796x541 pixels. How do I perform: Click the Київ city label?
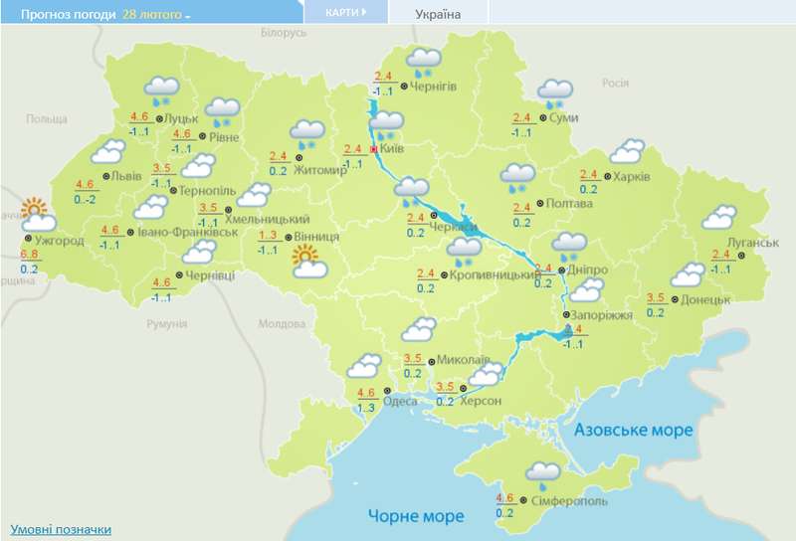391,149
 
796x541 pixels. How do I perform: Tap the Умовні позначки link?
61,530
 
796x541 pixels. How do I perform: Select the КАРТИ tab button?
346,12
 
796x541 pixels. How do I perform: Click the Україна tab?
439,14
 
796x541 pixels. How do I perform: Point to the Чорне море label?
416,516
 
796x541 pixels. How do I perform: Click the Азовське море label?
633,430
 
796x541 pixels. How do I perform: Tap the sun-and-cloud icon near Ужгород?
36,216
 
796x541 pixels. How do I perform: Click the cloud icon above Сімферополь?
543,472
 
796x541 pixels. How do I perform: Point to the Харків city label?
633,176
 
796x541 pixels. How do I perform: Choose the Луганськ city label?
745,243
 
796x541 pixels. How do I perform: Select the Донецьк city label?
706,298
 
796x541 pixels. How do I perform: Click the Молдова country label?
282,324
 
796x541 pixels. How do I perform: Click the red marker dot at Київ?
374,150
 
